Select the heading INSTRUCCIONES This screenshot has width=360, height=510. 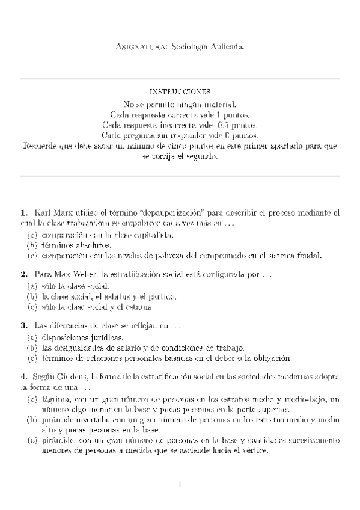point(180,92)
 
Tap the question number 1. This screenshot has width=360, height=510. point(24,213)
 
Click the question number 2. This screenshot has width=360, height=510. point(24,274)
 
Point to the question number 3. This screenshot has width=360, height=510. point(24,325)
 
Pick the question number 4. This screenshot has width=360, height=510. point(24,377)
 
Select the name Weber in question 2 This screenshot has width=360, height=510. point(84,274)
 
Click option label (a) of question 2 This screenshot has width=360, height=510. point(32,286)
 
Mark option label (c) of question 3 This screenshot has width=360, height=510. point(32,358)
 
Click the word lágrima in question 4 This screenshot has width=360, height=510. point(56,399)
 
